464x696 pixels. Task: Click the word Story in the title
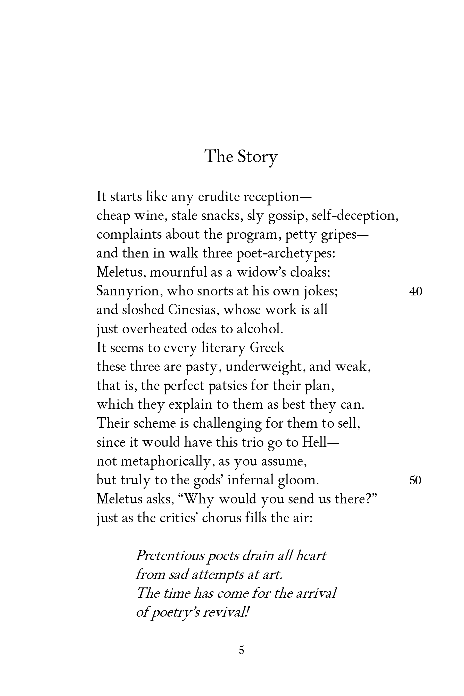coord(258,156)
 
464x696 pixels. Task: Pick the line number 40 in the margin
coord(416,292)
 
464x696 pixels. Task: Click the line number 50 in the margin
coord(415,480)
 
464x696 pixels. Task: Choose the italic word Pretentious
coord(170,556)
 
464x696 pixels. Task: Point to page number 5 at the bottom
coord(241,659)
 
